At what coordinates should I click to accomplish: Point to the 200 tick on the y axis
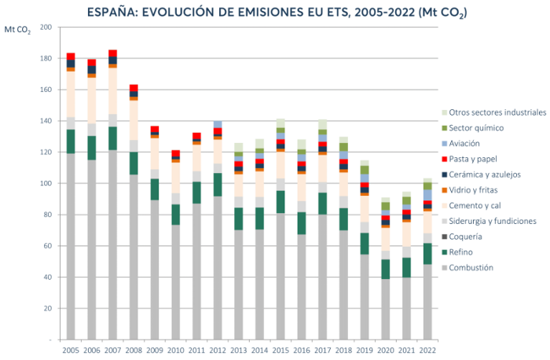45,28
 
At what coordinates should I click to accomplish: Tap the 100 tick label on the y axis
45,184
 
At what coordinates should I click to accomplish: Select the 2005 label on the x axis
71,350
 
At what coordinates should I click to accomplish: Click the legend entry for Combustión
471,267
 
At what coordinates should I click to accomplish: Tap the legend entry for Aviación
464,143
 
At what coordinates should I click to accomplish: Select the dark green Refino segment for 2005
71,141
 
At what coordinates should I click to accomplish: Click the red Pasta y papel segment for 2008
133,87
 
